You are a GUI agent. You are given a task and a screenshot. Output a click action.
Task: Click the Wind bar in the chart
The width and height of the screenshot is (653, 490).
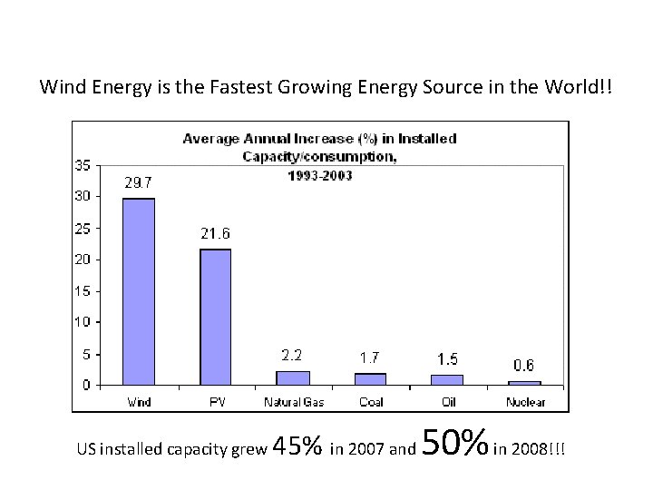pos(139,291)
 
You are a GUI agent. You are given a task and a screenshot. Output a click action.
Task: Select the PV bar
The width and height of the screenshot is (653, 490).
pos(216,317)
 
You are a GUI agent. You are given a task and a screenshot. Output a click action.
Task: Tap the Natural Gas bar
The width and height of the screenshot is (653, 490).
pos(293,377)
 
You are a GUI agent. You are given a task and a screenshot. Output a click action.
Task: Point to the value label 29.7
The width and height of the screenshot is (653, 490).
pos(139,182)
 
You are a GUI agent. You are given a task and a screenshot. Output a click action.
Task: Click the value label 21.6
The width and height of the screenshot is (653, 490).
pos(215,233)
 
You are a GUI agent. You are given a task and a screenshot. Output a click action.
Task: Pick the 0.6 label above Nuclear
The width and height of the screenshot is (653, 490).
pos(523,366)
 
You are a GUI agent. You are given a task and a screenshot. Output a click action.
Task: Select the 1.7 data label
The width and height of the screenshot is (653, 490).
pos(369,358)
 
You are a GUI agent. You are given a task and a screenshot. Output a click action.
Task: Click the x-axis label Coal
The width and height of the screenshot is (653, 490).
pos(370,401)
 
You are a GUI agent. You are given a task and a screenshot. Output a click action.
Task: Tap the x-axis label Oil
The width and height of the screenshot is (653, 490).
pos(446,401)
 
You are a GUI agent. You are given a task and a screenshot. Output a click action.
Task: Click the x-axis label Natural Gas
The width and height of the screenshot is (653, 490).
pos(293,401)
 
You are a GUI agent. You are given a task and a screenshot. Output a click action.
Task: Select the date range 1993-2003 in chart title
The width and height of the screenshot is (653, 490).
pos(320,175)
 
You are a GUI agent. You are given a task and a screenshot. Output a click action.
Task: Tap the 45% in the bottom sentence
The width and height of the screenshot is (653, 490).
pos(297,446)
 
